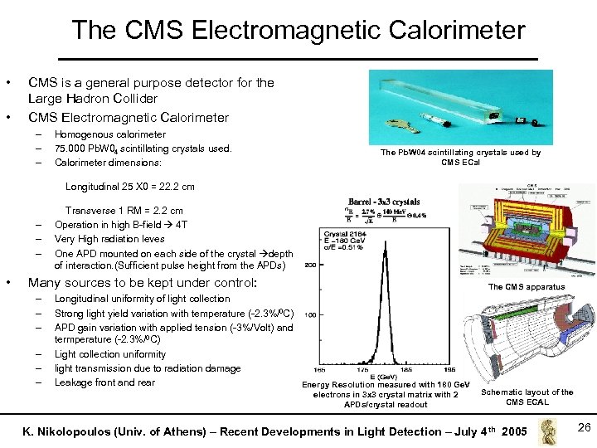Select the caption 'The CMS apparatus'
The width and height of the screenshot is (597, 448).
tap(526, 287)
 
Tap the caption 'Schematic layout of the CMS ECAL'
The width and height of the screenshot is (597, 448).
tap(527, 397)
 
